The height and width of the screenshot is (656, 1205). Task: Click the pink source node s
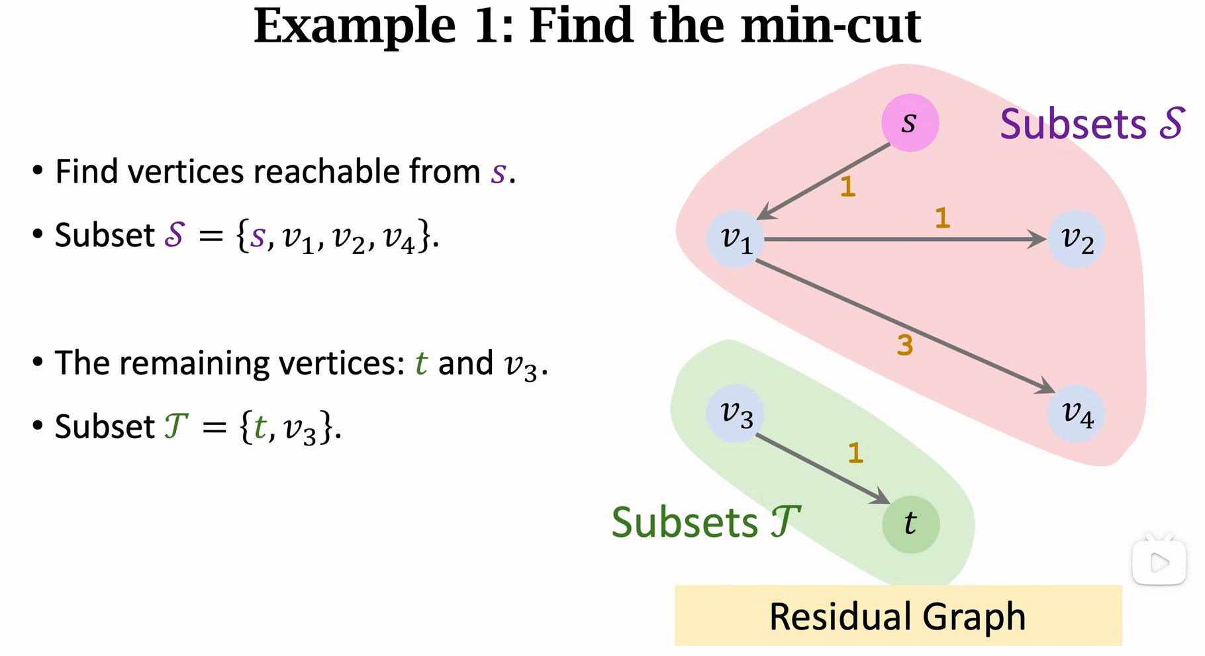(x=910, y=123)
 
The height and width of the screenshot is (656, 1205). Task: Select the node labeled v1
(x=736, y=239)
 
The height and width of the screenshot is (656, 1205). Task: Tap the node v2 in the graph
(x=1076, y=239)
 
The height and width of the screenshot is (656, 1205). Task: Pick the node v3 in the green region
(x=736, y=414)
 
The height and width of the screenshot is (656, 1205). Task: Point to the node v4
(x=1076, y=414)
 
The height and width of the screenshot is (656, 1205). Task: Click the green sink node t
(x=910, y=524)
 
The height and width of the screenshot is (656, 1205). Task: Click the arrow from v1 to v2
(x=900, y=239)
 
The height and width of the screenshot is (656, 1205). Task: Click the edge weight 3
(x=905, y=345)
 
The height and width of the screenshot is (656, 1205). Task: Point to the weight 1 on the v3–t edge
(x=855, y=453)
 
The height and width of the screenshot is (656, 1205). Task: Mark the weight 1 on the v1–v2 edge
(x=942, y=218)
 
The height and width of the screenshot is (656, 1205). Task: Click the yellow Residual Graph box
(x=898, y=616)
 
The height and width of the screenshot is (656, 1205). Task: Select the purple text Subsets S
(x=1091, y=124)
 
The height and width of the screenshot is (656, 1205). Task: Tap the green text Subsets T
(x=706, y=522)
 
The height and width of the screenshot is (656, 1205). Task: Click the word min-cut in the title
(x=830, y=26)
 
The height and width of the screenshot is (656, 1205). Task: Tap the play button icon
(x=1159, y=563)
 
